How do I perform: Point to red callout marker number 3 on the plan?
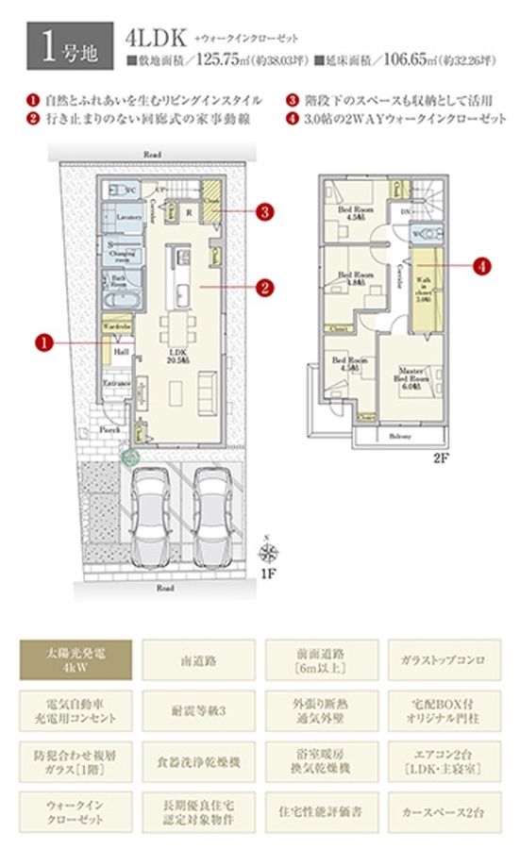click(x=267, y=210)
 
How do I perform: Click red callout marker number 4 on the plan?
click(x=484, y=267)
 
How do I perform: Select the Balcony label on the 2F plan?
click(x=399, y=436)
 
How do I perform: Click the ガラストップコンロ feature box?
click(x=443, y=658)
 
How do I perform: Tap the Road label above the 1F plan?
click(x=151, y=153)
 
